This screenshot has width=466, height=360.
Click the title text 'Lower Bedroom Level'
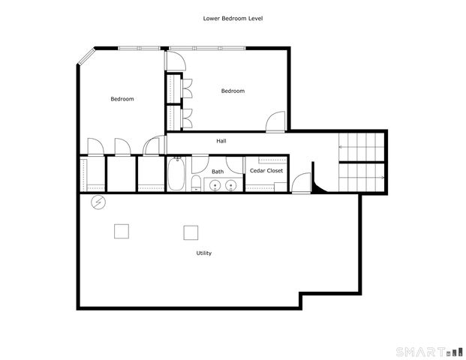[233, 18]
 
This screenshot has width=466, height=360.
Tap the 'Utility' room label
[203, 253]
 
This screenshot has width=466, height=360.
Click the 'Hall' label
[221, 141]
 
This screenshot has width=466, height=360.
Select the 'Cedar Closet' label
[266, 171]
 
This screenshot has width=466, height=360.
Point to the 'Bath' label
[218, 172]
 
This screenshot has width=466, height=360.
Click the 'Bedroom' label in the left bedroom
[122, 99]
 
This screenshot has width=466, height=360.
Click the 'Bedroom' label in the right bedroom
[233, 91]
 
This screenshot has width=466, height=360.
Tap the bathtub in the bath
[178, 175]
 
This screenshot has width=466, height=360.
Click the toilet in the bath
[197, 184]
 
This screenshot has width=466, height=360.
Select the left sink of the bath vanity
[216, 185]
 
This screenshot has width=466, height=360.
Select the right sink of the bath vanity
[233, 185]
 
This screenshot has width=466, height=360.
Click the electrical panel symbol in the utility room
[98, 202]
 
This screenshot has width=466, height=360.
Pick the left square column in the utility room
[121, 231]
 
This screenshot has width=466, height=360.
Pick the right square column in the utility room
[191, 232]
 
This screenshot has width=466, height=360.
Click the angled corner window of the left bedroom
[85, 57]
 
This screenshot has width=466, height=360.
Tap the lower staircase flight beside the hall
[361, 177]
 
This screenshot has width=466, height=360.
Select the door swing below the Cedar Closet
[301, 182]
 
